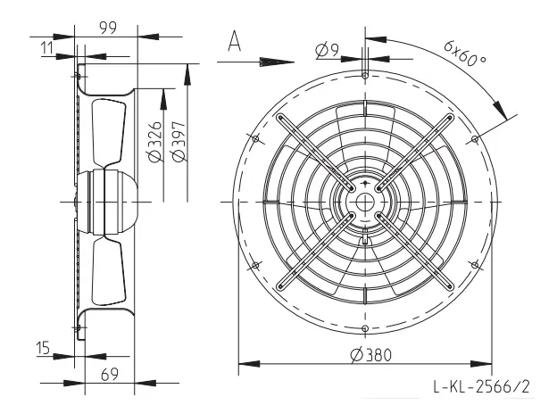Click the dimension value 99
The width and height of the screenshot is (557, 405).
[x=108, y=28]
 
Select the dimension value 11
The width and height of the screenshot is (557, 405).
[x=47, y=47]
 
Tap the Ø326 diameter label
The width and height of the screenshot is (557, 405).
[x=155, y=142]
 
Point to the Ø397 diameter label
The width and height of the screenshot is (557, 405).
[x=179, y=142]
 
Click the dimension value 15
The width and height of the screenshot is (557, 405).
[x=44, y=348]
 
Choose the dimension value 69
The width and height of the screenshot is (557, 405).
[x=110, y=375]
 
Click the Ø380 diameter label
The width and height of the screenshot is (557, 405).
[x=370, y=355]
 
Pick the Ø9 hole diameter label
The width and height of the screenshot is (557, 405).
[x=328, y=50]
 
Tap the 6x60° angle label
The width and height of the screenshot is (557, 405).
[x=465, y=54]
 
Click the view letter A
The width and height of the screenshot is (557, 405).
[x=235, y=41]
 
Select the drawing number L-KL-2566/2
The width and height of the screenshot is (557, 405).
[x=482, y=386]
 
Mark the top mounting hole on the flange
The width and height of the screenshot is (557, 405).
[x=365, y=75]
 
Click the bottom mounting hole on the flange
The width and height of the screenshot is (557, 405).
[x=365, y=328]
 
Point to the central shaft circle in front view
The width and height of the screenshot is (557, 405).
[x=365, y=202]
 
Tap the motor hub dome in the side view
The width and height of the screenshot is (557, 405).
[x=106, y=202]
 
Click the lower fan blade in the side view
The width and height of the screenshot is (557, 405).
[x=109, y=271]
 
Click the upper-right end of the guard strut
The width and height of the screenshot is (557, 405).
[x=450, y=118]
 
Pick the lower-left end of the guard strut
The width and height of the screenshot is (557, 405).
[x=280, y=286]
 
